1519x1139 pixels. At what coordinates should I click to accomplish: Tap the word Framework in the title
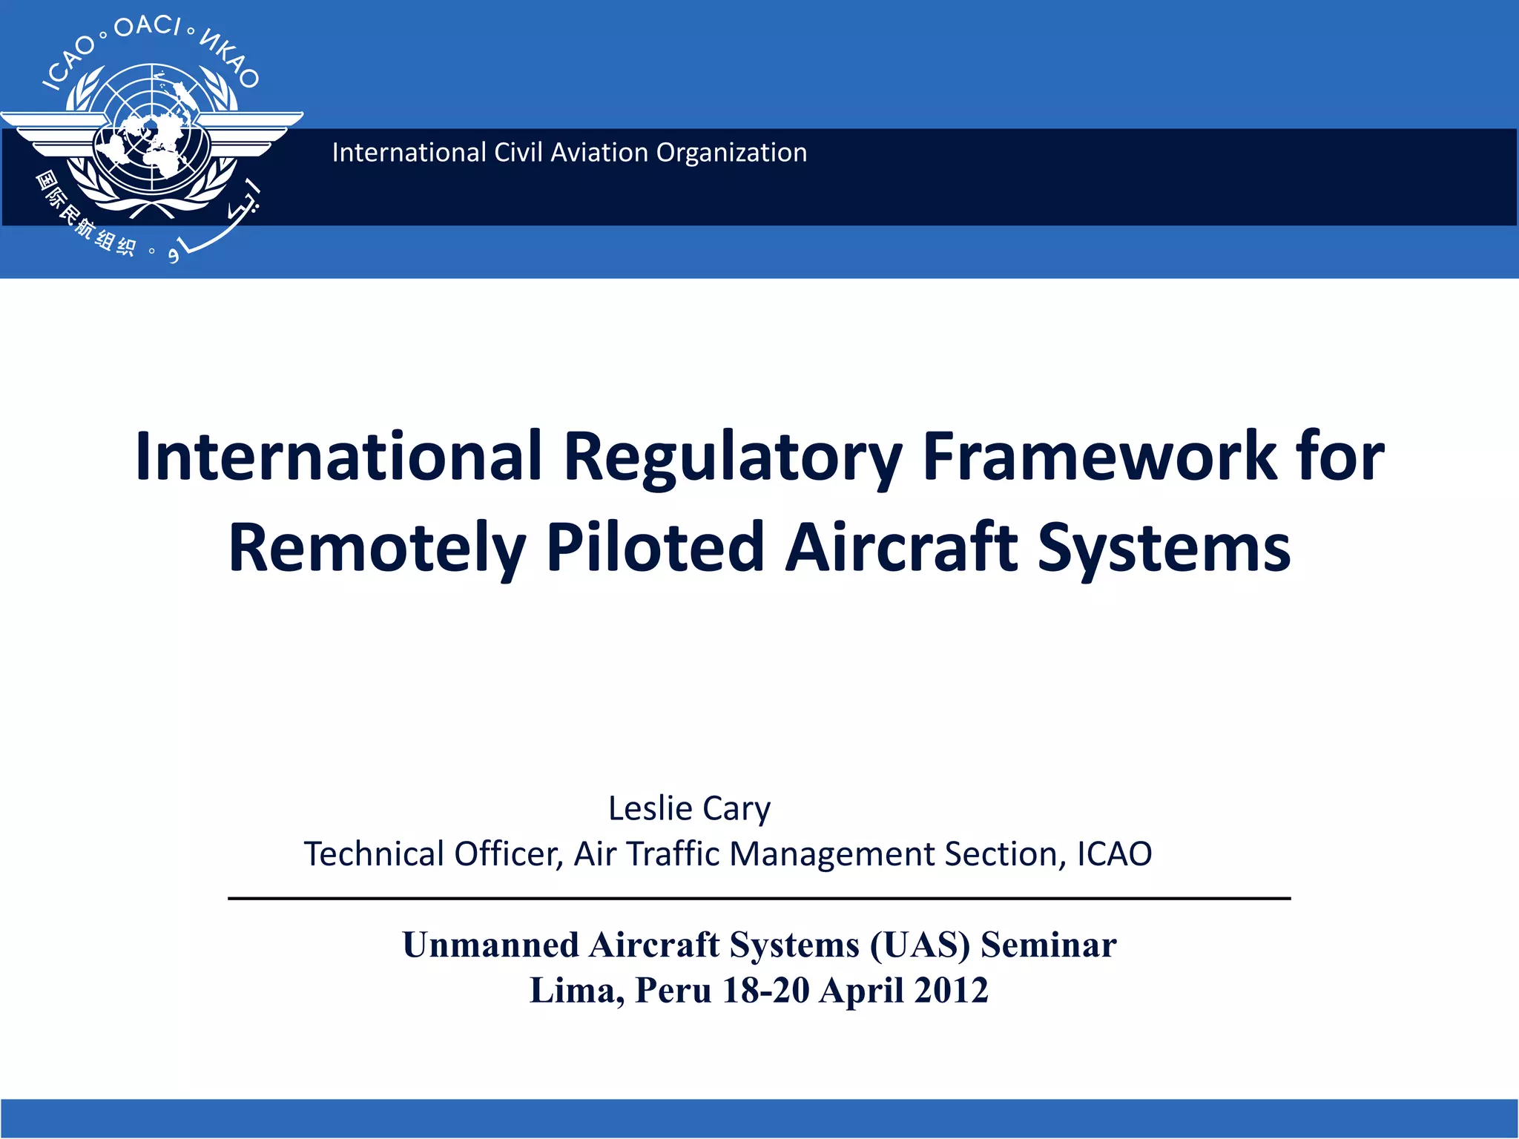1099,457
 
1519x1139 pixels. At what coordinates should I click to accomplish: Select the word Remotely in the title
377,549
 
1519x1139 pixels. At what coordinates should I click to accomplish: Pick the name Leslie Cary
689,808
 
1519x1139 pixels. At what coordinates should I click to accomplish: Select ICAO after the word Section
1114,854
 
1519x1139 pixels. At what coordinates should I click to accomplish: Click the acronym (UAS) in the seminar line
920,945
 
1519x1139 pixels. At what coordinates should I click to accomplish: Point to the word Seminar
1048,945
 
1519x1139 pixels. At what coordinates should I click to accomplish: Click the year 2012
951,991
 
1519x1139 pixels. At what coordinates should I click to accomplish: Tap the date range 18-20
765,991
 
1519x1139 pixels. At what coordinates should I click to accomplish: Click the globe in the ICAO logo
152,133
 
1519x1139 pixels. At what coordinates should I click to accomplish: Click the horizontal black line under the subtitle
759,899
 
